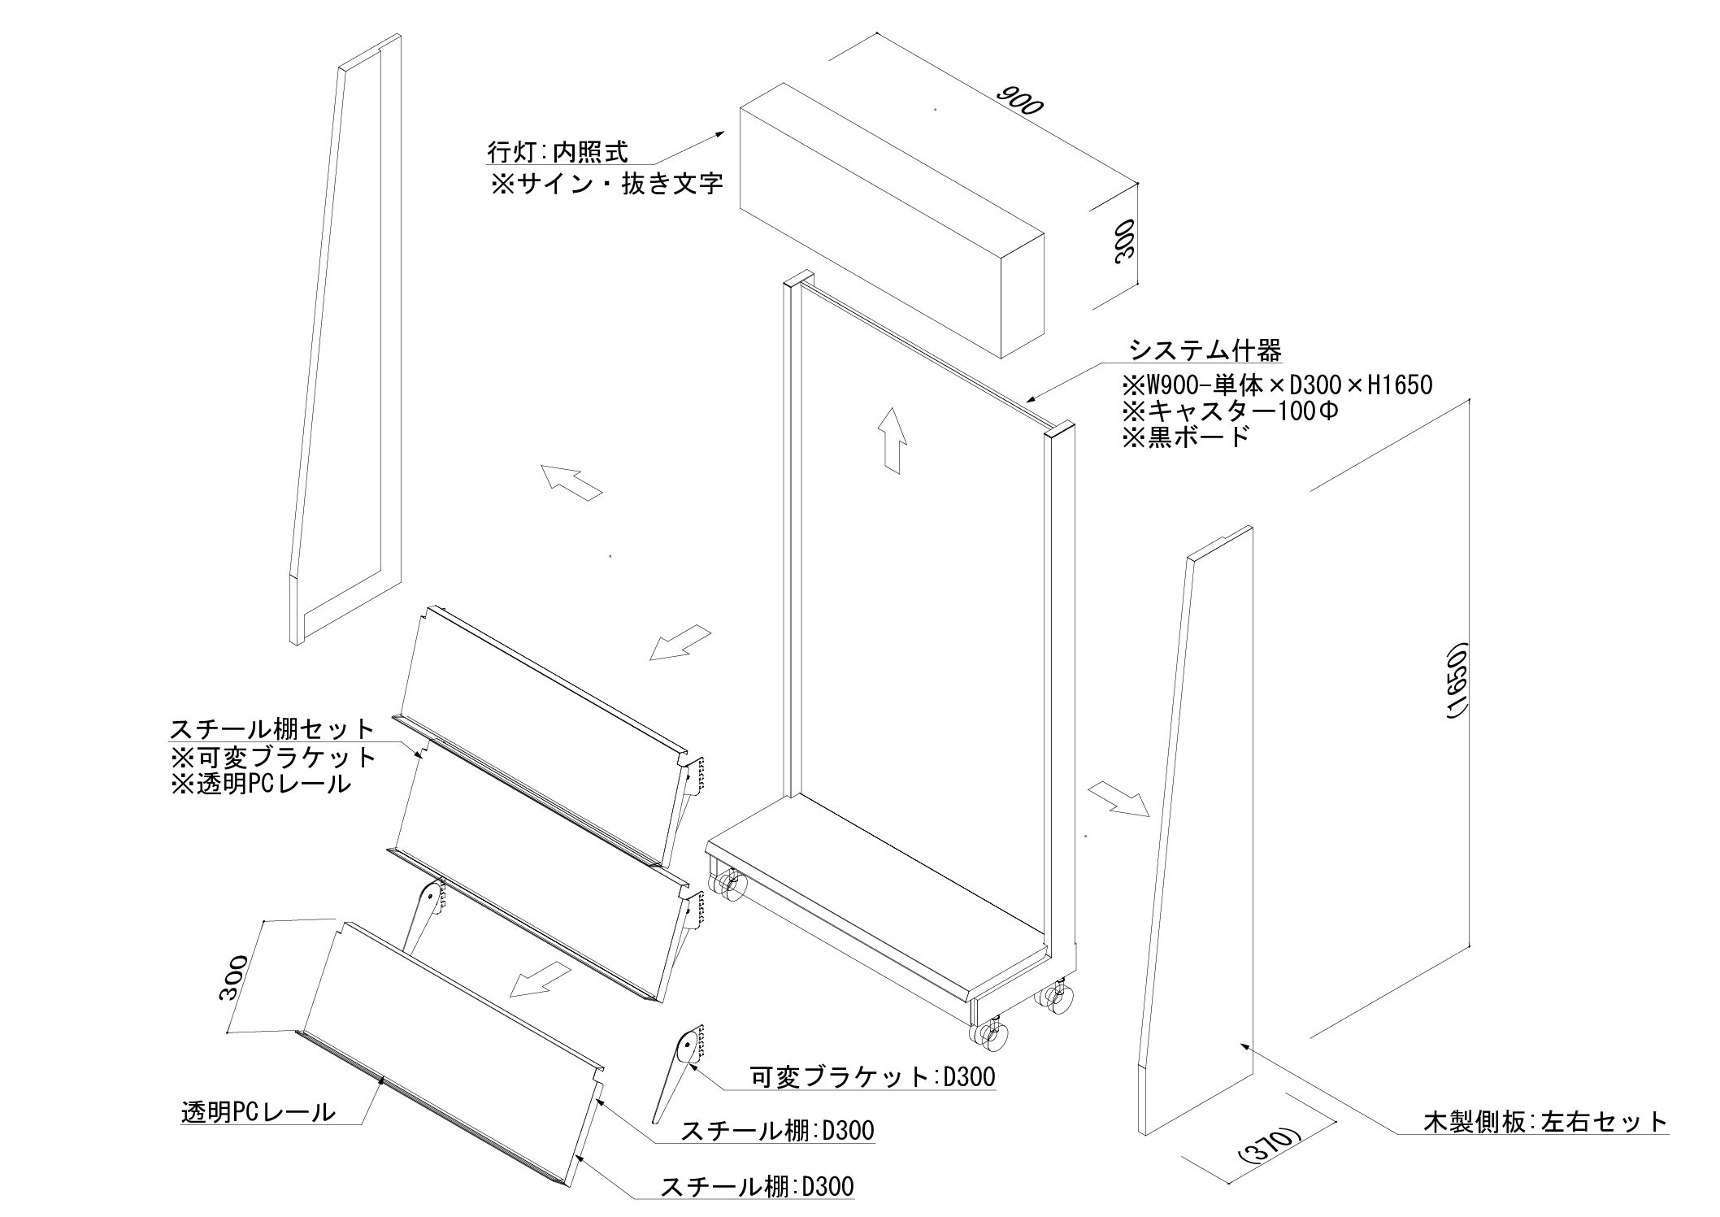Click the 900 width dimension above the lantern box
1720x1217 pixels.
(x=1019, y=101)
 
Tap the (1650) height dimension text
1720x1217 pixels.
(x=1457, y=681)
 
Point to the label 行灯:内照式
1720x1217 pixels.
(x=558, y=151)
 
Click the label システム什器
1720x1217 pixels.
(x=1205, y=350)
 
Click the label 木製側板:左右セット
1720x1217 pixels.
(x=1545, y=1122)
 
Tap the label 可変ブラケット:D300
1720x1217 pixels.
(x=872, y=1077)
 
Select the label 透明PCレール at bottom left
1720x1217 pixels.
(x=258, y=1111)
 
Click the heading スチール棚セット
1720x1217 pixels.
(x=273, y=728)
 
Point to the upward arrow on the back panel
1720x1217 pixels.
(x=893, y=439)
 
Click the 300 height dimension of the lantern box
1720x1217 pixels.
(x=1125, y=241)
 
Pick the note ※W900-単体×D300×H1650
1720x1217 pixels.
(x=1277, y=384)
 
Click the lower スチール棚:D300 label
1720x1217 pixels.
(x=758, y=1187)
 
